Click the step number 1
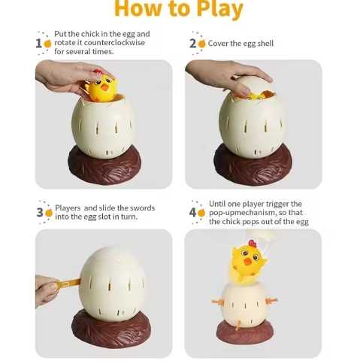point(38,43)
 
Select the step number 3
point(39,212)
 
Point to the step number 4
point(192,213)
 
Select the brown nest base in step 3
point(111,331)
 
